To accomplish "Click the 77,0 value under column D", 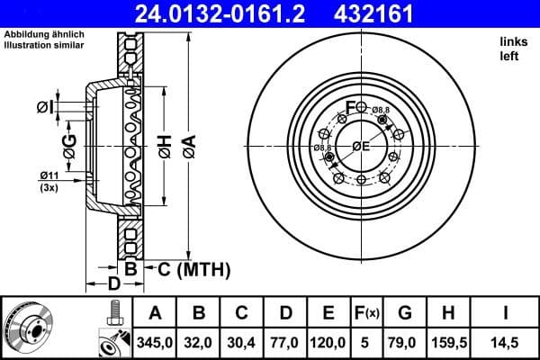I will [286, 342].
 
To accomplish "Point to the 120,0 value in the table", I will [329, 342].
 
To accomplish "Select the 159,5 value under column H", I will [447, 342].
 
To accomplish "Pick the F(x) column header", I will [366, 313].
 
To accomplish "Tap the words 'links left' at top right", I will [509, 49].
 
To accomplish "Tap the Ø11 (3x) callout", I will [50, 180].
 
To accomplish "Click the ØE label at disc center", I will [361, 147].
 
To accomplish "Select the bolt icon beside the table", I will [113, 314].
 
